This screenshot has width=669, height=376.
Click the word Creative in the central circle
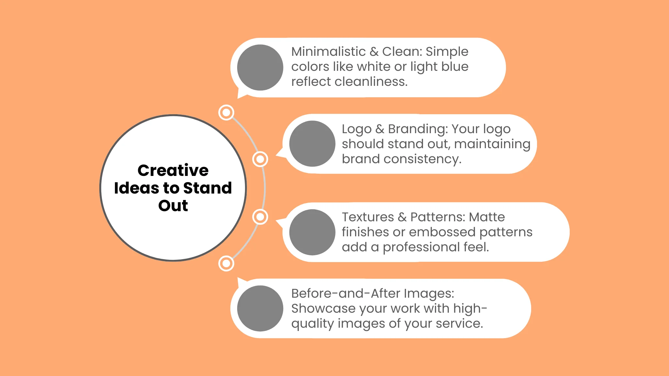(x=173, y=170)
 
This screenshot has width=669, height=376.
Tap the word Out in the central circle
(x=173, y=206)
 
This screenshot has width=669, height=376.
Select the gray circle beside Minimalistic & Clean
(x=260, y=68)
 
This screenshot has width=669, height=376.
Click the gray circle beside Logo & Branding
(x=312, y=144)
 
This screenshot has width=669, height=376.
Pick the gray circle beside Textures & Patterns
(x=312, y=232)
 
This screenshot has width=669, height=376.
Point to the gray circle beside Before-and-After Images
(x=260, y=308)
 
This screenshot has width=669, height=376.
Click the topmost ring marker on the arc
(x=226, y=113)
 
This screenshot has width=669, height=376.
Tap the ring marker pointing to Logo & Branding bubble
(x=260, y=159)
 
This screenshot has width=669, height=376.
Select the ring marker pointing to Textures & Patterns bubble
(x=260, y=217)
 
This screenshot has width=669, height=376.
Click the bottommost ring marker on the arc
(x=226, y=263)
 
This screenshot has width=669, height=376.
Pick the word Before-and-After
(x=346, y=293)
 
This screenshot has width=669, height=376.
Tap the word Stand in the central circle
(x=207, y=188)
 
